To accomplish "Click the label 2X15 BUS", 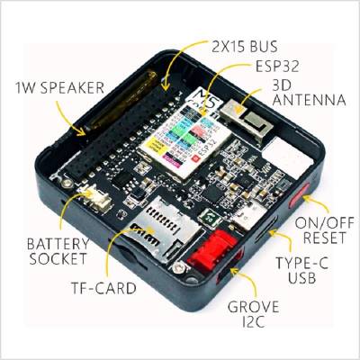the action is pos(245,47).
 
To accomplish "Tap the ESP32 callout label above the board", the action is pos(277,66).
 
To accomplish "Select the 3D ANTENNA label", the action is pos(309,93).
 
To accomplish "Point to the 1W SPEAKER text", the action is pos(59,87).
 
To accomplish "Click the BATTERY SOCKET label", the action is pos(58,251).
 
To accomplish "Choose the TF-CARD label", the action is pos(103,288).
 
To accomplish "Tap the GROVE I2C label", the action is pos(253,314).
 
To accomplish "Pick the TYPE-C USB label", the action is pos(302,270).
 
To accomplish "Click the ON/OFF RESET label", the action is pos(325,230).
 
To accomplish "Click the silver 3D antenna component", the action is pos(247,119).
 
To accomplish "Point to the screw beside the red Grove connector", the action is pos(180,266).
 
